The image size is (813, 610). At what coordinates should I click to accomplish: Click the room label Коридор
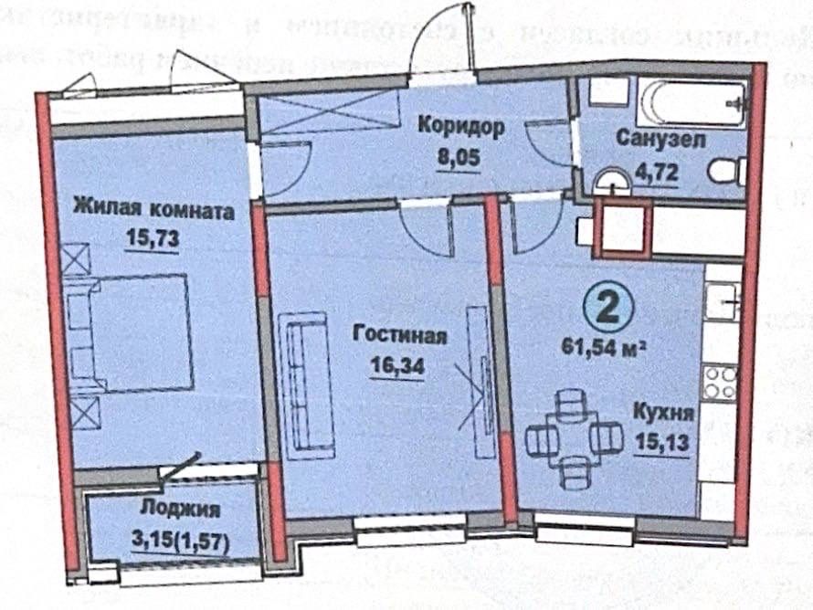(460, 127)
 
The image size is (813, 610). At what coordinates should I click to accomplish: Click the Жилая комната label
(153, 212)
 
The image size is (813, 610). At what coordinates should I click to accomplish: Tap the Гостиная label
(399, 336)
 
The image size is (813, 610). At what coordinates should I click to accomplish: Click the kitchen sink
(722, 300)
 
